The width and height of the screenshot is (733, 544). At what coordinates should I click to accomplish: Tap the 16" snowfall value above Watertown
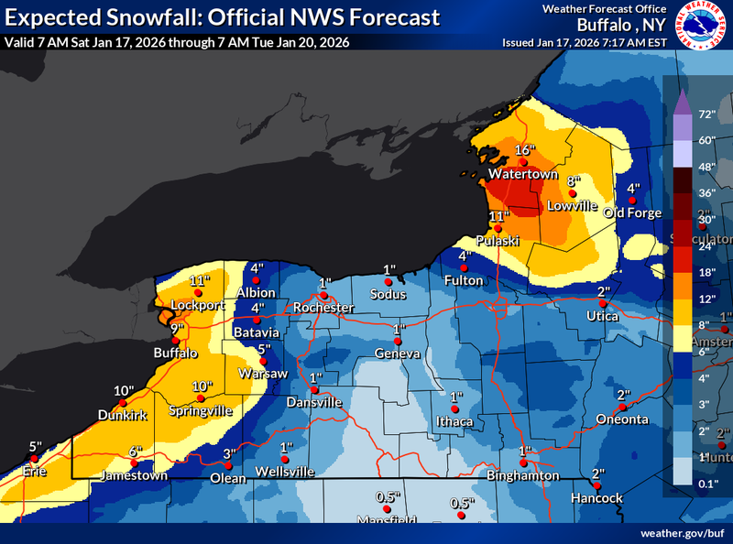(x=523, y=150)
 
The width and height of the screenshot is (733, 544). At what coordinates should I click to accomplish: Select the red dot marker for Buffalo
(x=176, y=340)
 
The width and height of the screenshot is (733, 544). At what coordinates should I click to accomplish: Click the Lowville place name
(x=571, y=205)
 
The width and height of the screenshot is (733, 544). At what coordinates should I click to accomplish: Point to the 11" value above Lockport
(x=200, y=280)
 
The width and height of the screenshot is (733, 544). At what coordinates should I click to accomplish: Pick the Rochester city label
(x=323, y=308)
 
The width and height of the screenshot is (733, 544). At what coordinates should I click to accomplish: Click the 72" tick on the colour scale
(x=707, y=114)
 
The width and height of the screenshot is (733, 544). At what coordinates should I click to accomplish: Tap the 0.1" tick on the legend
(x=707, y=484)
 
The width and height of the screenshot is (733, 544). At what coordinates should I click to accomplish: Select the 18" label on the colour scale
(x=707, y=273)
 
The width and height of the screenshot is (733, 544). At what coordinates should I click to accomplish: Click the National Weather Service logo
(x=703, y=25)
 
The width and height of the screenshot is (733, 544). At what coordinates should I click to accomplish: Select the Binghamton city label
(x=524, y=475)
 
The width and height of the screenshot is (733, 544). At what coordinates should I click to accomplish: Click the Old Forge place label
(x=632, y=213)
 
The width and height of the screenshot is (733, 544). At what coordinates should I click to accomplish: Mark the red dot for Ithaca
(x=454, y=409)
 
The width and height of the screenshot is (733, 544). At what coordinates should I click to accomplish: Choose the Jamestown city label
(x=135, y=475)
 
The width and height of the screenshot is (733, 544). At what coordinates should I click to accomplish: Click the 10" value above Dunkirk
(x=124, y=391)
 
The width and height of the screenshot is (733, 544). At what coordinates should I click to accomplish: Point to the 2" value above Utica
(x=603, y=291)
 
